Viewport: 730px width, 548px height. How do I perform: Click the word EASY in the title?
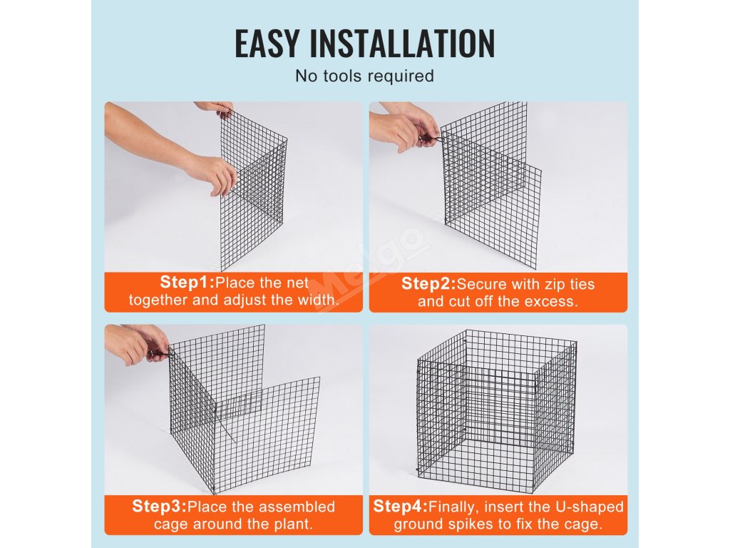(267, 44)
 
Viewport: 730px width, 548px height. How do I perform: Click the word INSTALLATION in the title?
(402, 44)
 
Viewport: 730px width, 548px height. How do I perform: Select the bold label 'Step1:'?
(187, 282)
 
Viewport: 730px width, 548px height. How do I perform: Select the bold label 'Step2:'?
(428, 283)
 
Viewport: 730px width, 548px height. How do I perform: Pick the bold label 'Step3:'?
(159, 506)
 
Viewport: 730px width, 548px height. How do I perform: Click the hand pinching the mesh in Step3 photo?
(138, 343)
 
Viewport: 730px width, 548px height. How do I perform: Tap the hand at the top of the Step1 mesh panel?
(215, 108)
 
